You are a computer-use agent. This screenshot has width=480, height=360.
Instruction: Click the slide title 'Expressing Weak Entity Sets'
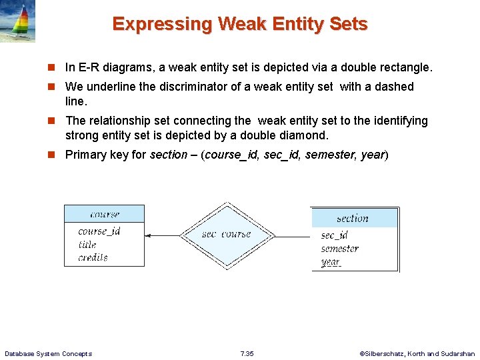[240, 24]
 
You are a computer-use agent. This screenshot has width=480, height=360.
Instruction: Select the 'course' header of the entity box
[104, 214]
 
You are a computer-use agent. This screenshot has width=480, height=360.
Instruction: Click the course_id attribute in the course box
[99, 231]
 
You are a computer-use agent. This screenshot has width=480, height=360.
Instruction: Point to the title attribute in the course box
[87, 245]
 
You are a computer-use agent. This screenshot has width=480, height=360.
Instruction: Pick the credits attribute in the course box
[93, 257]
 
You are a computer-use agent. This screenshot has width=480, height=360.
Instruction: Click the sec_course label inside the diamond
[227, 234]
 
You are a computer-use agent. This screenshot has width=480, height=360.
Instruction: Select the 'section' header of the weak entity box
[353, 218]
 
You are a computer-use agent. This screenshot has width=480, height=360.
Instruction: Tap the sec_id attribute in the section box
[334, 235]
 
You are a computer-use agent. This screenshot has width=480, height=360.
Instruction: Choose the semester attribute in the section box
[339, 249]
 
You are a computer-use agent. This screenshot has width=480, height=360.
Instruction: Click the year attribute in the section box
[331, 262]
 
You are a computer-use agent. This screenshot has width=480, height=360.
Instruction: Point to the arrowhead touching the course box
[148, 235]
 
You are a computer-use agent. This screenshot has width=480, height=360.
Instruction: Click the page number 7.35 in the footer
[246, 353]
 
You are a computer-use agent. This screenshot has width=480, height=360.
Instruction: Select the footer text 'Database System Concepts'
[48, 353]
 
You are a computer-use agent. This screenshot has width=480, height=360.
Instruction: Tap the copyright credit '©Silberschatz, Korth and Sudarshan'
[417, 353]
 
